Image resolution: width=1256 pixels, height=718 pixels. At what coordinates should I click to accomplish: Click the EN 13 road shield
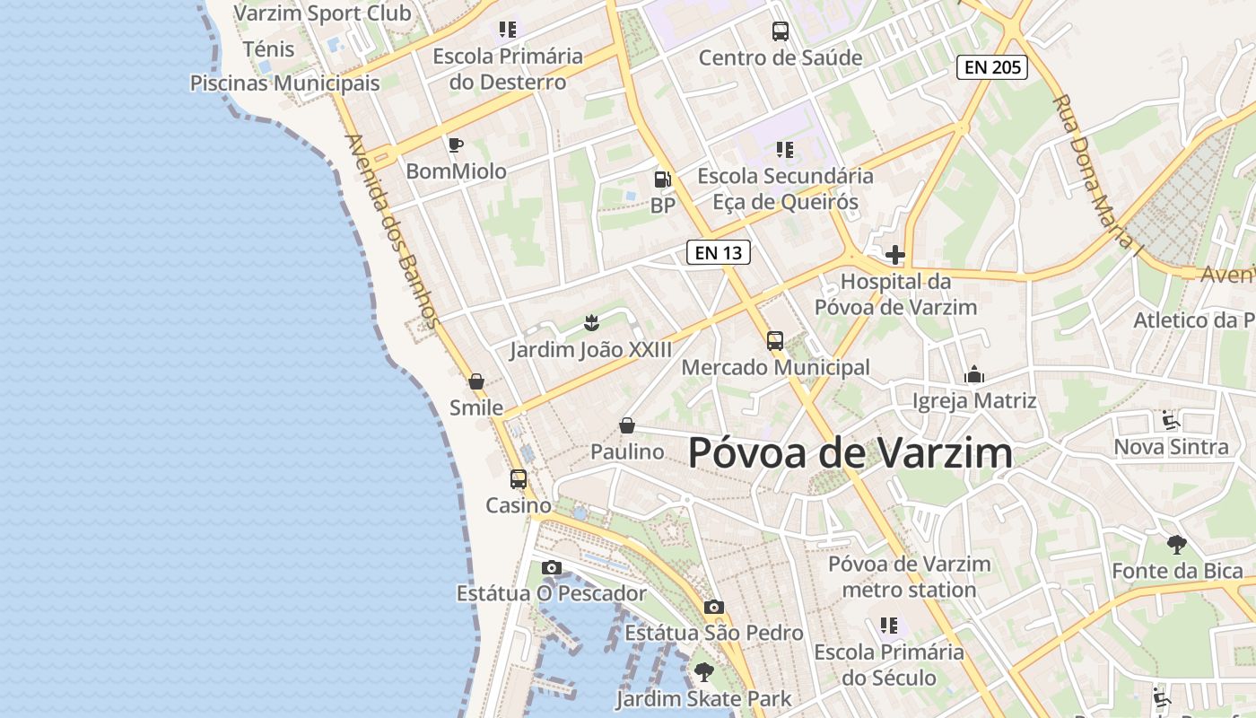click(718, 252)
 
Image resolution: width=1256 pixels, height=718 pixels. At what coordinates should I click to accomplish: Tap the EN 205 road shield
click(991, 66)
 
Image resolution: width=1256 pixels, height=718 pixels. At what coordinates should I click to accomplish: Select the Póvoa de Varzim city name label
click(850, 453)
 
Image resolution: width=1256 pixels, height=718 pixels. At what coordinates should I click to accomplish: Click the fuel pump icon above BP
click(662, 179)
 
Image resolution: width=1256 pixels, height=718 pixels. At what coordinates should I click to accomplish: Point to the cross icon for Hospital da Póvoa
click(894, 255)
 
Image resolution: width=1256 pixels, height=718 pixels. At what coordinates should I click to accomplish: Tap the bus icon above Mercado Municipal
click(775, 341)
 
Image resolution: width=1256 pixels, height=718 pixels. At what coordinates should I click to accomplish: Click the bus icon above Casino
click(519, 479)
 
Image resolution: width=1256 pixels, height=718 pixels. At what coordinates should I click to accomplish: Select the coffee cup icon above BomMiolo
click(456, 144)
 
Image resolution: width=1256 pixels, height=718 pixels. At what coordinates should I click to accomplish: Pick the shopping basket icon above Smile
click(476, 381)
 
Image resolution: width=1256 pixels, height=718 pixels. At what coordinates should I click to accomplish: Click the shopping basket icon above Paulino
click(627, 425)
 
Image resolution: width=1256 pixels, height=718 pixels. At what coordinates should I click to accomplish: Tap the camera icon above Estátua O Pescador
click(552, 567)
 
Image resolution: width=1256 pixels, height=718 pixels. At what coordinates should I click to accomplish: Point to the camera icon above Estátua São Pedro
click(714, 608)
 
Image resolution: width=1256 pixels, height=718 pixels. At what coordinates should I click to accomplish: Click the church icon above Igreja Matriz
click(974, 375)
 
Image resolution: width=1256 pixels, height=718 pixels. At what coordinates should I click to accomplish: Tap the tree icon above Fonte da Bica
click(1177, 544)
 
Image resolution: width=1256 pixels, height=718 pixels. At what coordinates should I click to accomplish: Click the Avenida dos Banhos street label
click(392, 231)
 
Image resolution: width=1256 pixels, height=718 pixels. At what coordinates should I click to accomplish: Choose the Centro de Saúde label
click(781, 57)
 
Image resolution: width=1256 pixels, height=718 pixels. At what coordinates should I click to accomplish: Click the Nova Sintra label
click(1171, 446)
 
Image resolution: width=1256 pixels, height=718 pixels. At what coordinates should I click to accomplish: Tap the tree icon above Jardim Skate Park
click(704, 671)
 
